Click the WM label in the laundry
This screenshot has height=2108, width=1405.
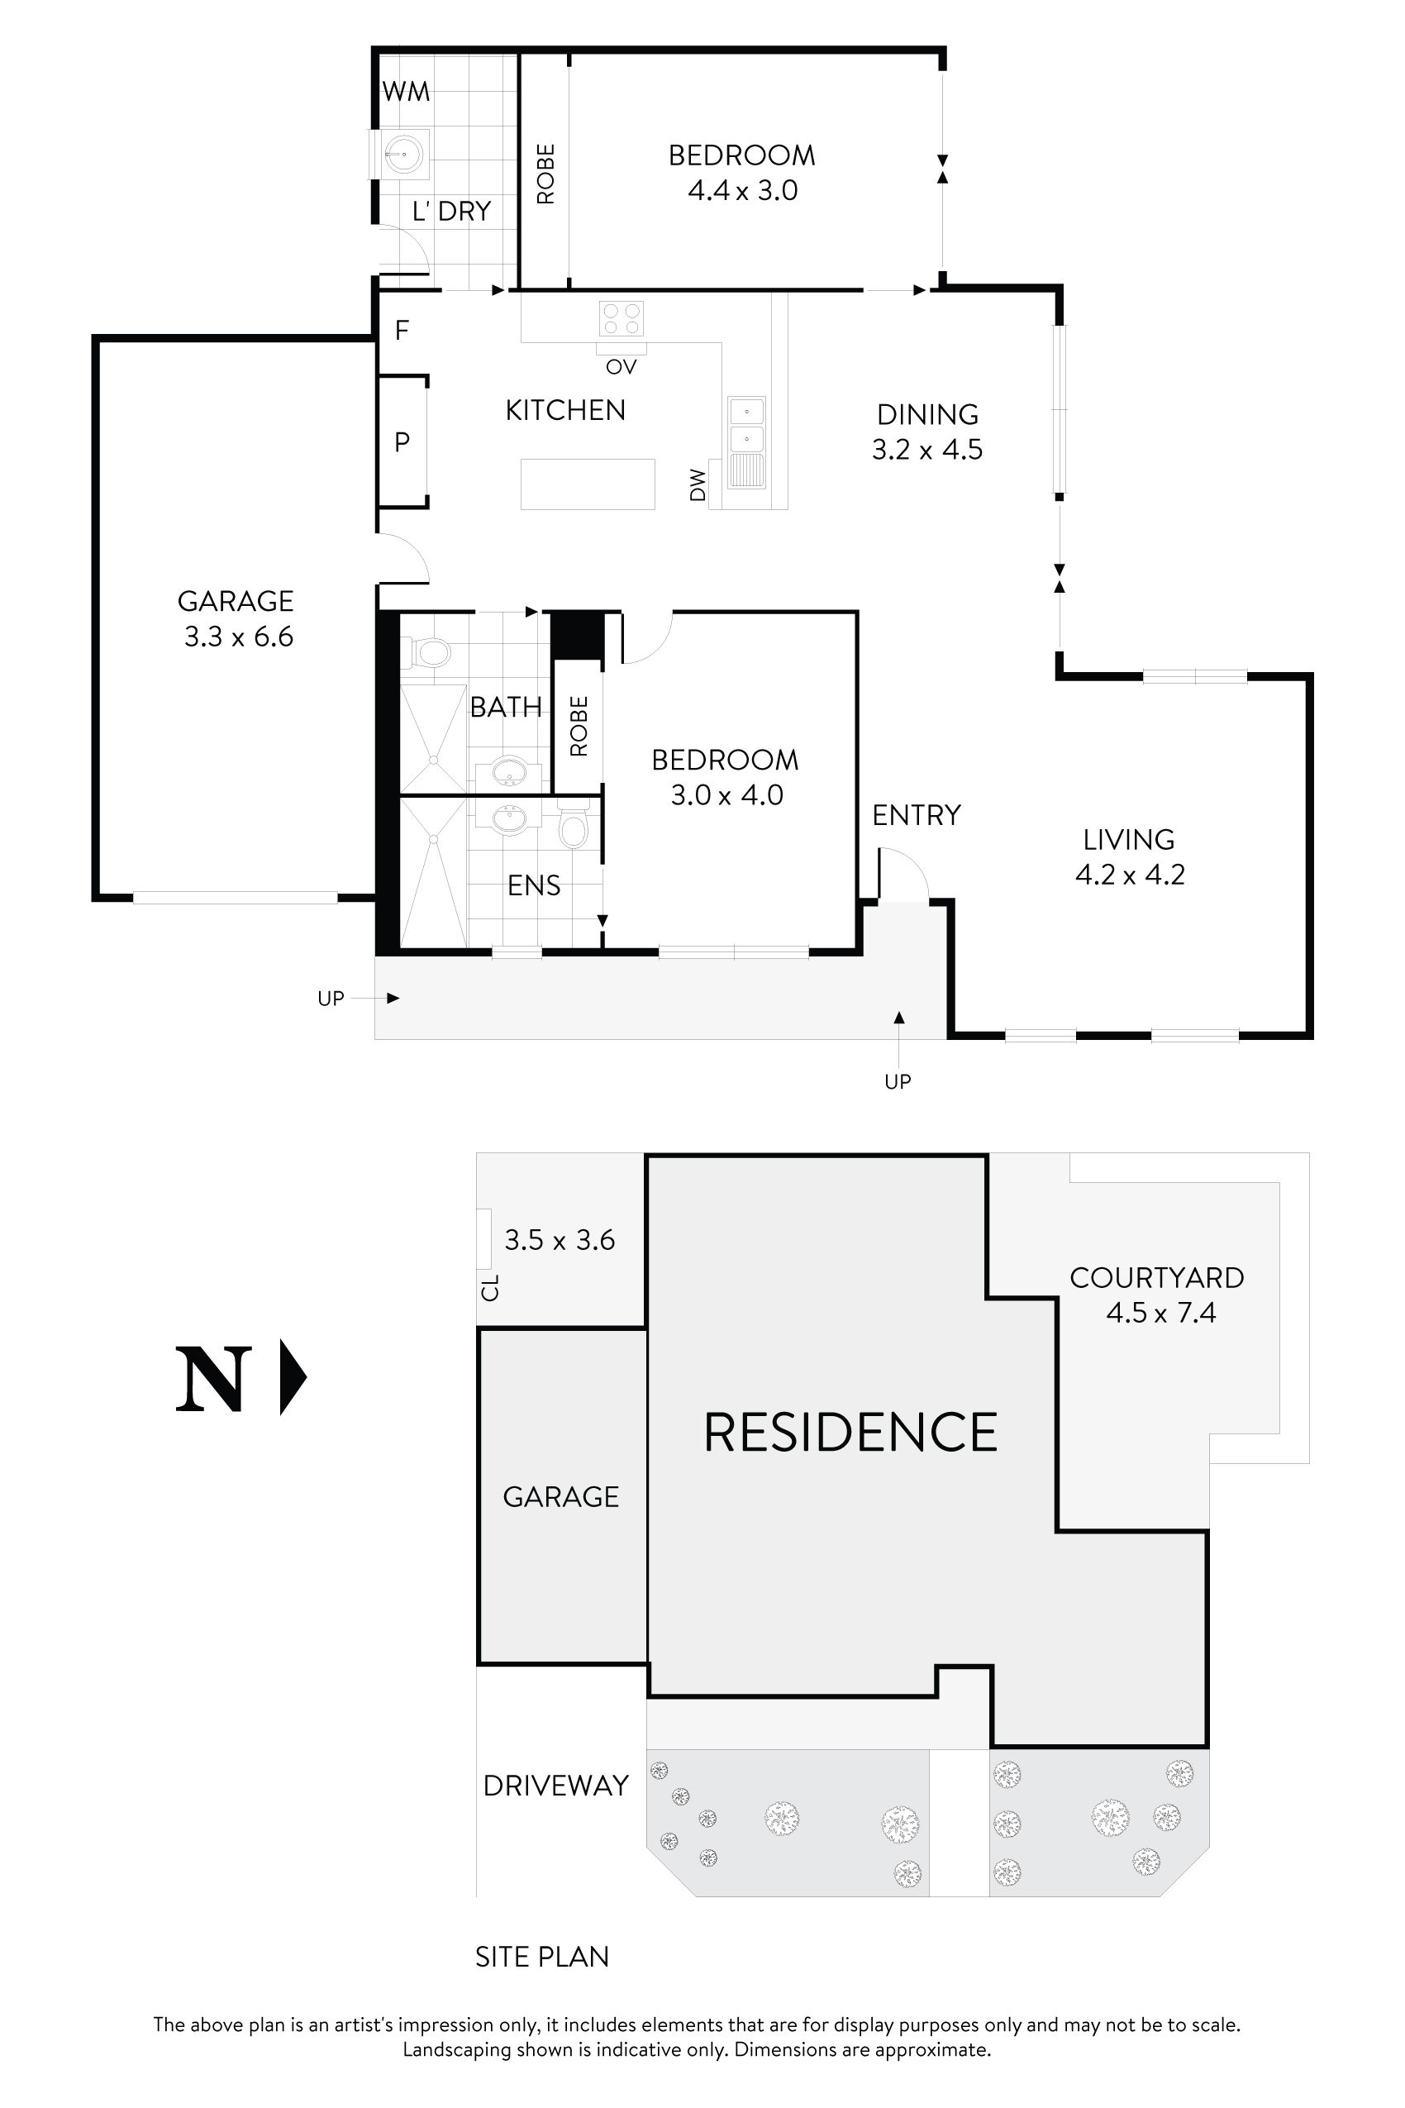(x=406, y=92)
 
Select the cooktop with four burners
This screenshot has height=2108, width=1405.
(x=621, y=319)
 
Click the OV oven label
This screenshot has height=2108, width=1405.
(x=621, y=366)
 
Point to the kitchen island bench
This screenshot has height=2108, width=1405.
(x=588, y=484)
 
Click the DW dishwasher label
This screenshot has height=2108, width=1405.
(x=698, y=485)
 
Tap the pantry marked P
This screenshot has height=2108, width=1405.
(x=402, y=442)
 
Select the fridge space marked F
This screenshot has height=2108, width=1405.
(x=402, y=331)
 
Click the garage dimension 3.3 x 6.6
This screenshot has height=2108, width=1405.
(x=238, y=637)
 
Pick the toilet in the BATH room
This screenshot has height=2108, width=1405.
(x=430, y=652)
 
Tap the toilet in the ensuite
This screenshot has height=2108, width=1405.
(x=573, y=830)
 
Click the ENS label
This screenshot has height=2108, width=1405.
(x=533, y=885)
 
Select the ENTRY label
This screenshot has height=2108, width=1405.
(x=916, y=815)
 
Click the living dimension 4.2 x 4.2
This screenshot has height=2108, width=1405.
(x=1130, y=875)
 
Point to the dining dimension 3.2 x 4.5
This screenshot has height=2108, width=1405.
(x=926, y=449)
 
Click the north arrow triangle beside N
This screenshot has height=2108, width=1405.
(x=291, y=1376)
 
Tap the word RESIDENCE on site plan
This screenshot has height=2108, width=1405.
(x=850, y=1433)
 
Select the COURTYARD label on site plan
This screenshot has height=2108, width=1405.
(x=1157, y=1277)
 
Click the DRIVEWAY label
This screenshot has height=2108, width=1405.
(x=555, y=1786)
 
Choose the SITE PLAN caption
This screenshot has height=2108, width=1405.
(x=541, y=1957)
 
